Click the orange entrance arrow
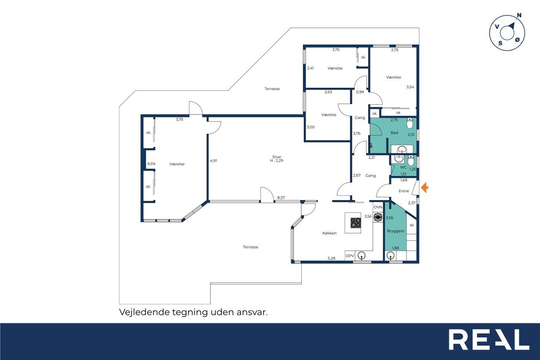pyautogui.click(x=424, y=187)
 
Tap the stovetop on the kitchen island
pyautogui.click(x=356, y=222)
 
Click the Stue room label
pyautogui.click(x=276, y=157)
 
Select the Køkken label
pyautogui.click(x=329, y=233)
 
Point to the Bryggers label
pyautogui.click(x=395, y=231)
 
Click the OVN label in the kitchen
pyautogui.click(x=378, y=207)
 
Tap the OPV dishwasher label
pyautogui.click(x=350, y=256)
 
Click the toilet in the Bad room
pyautogui.click(x=410, y=123)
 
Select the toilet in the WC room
pyautogui.click(x=411, y=160)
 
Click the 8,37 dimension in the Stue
pyautogui.click(x=281, y=198)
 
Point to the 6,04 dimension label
pyautogui.click(x=151, y=164)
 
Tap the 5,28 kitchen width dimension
pyautogui.click(x=331, y=258)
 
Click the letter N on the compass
pyautogui.click(x=519, y=16)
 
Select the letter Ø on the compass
pyautogui.click(x=517, y=40)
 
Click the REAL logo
pyautogui.click(x=489, y=339)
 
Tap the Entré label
pyautogui.click(x=404, y=191)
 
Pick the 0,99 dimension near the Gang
pyautogui.click(x=360, y=92)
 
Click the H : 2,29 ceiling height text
pyautogui.click(x=276, y=161)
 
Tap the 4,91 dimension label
pyautogui.click(x=213, y=161)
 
